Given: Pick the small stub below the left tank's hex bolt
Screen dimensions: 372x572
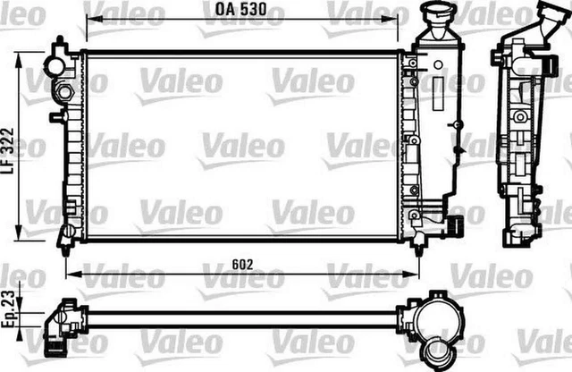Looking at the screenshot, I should point(57,115).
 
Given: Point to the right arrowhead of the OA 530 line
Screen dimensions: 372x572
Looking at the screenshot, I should point(397,27).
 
